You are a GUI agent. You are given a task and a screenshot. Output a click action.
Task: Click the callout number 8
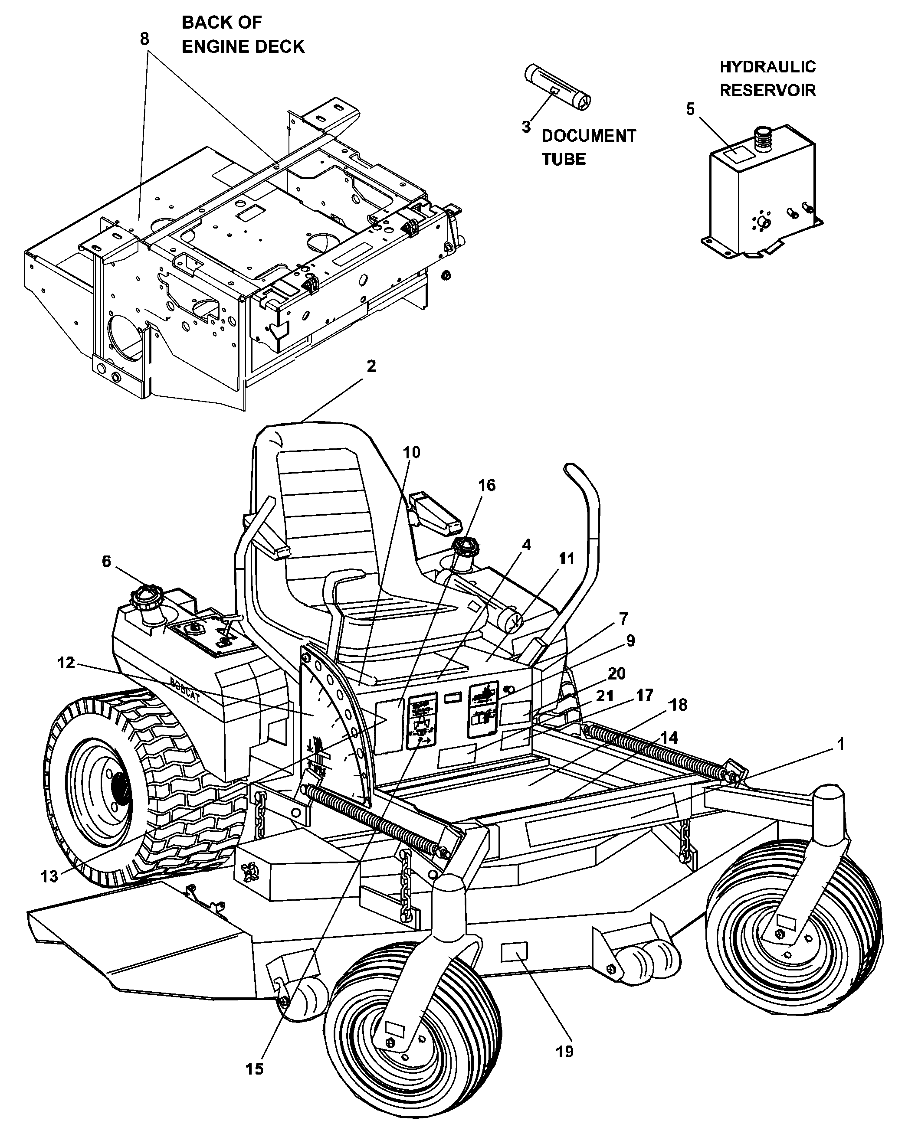144,39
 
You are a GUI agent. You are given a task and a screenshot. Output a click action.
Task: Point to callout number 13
49,876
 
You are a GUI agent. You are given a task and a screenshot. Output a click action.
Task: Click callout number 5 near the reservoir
690,109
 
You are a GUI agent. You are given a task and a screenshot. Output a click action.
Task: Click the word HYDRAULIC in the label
767,67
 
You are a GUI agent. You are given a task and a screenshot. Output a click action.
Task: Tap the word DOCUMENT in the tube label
588,136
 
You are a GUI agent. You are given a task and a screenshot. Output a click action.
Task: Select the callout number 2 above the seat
371,366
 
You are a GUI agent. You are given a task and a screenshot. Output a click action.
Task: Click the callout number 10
411,452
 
